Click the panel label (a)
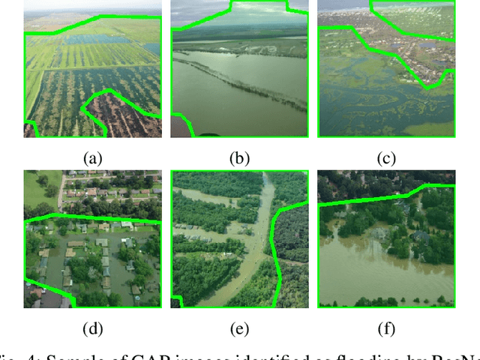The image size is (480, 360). tap(92, 157)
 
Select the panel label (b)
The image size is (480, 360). tap(239, 157)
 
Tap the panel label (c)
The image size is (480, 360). tap(387, 157)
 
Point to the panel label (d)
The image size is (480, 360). tap(92, 328)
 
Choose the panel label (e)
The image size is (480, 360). tap(239, 328)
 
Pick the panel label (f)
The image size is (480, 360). tap(387, 328)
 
